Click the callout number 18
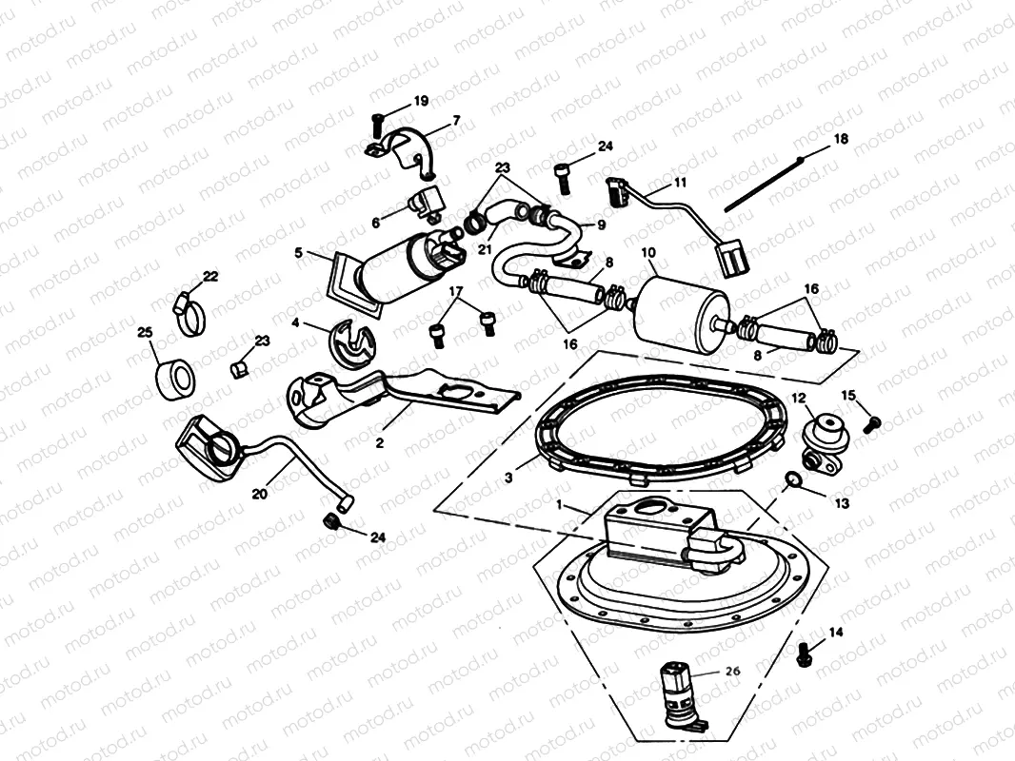pyautogui.click(x=840, y=139)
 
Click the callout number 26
pyautogui.click(x=732, y=670)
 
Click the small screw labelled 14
pyautogui.click(x=804, y=652)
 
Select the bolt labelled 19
pyautogui.click(x=376, y=122)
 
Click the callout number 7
pyautogui.click(x=456, y=121)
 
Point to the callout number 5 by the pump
pyautogui.click(x=298, y=254)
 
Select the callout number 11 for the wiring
pyautogui.click(x=680, y=181)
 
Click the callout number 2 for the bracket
pyautogui.click(x=378, y=441)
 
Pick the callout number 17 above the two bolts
pyautogui.click(x=456, y=291)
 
